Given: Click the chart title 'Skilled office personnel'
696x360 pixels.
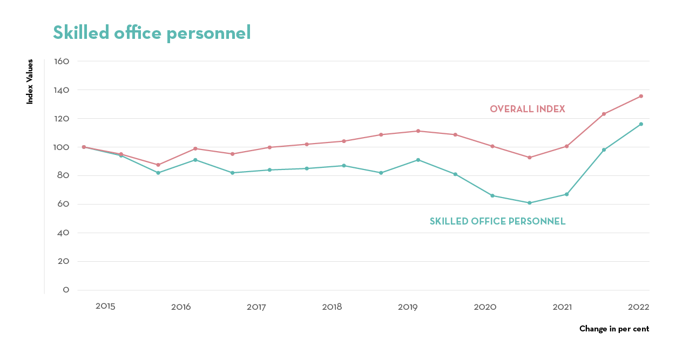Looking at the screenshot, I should (x=152, y=33).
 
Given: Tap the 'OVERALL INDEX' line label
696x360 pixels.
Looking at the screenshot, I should (x=527, y=109).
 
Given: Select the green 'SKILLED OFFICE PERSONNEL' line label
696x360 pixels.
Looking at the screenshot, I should (x=497, y=221).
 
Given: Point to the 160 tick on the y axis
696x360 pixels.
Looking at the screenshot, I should (x=62, y=62).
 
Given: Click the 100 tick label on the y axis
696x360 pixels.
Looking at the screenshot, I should (x=62, y=147).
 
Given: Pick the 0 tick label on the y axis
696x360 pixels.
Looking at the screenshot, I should (x=66, y=290).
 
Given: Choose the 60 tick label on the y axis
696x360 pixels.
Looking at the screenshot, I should (x=63, y=205).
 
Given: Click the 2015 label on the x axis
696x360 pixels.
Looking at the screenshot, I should (x=105, y=307).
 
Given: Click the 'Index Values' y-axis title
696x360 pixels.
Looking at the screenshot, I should (x=30, y=81).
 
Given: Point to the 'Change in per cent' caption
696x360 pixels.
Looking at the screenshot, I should (x=614, y=329).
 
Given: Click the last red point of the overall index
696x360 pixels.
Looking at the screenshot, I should (x=641, y=96).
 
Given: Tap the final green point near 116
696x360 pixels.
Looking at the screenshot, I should (x=641, y=124).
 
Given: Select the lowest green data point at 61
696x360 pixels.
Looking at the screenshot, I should (x=529, y=203).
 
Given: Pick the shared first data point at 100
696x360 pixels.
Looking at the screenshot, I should (x=84, y=147).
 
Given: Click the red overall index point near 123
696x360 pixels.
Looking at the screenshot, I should (x=604, y=114).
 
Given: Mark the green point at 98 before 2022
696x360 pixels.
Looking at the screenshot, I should (x=604, y=150).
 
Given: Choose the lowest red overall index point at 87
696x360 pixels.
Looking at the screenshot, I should (x=158, y=165).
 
